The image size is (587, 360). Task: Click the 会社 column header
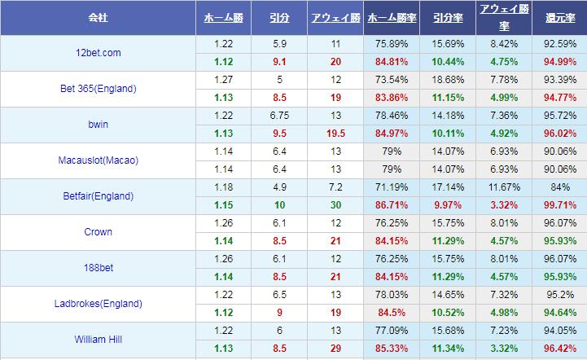point(98,17)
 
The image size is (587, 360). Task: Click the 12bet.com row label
point(98,53)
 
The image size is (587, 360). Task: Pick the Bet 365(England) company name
point(98,89)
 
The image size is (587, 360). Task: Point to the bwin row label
point(98,125)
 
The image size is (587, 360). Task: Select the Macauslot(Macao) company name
point(98,160)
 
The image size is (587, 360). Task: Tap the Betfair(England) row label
point(98,196)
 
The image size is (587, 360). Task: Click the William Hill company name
point(98,340)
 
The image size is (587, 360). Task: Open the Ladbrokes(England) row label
point(98,304)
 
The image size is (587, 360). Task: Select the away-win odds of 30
point(335,205)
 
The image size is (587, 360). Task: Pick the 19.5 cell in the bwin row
point(335,134)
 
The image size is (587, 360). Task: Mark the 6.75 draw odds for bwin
point(280,116)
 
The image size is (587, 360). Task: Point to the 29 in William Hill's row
point(335,349)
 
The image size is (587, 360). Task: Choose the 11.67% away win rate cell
point(503,187)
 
